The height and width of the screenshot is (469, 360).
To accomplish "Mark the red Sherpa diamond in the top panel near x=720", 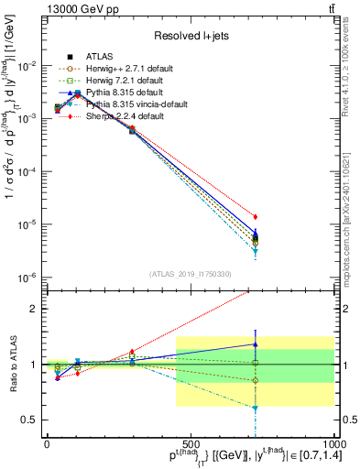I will (x=256, y=217).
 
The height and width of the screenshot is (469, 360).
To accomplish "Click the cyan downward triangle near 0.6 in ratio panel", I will (x=256, y=408).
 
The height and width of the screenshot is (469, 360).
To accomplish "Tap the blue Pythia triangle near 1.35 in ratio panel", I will (x=256, y=344).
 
